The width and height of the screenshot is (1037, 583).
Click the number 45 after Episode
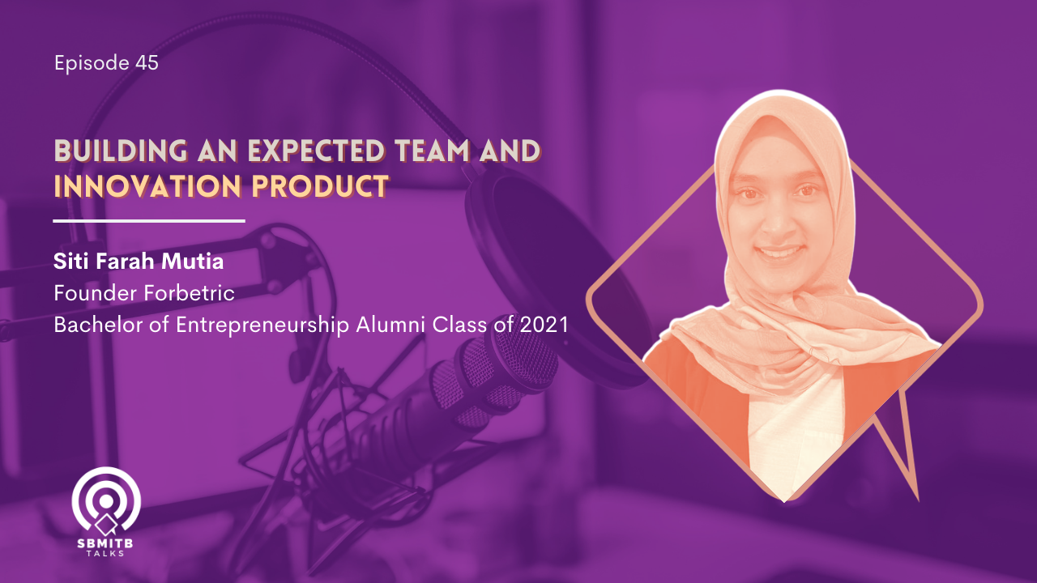(x=147, y=62)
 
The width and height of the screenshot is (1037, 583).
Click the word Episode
(x=92, y=63)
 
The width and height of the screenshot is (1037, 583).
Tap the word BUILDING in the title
(x=121, y=151)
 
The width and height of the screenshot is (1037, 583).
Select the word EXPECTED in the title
(x=317, y=151)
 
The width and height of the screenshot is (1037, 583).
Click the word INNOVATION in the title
(x=147, y=186)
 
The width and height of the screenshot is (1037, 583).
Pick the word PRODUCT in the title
(x=320, y=186)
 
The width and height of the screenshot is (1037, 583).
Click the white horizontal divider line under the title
(x=149, y=221)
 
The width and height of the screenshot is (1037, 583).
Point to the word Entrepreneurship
(x=262, y=326)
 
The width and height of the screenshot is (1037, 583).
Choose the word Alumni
(x=390, y=326)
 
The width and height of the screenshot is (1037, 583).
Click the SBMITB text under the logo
(x=105, y=543)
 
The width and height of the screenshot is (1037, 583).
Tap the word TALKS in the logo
(x=105, y=553)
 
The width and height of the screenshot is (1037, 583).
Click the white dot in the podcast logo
(x=106, y=501)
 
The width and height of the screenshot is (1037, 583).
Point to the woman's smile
(x=779, y=252)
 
